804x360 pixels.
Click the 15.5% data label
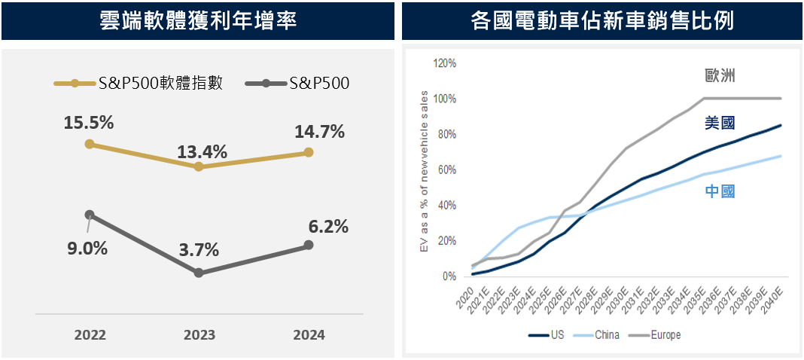[x=89, y=123]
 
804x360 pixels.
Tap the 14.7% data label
[x=318, y=132]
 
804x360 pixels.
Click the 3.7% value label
[x=199, y=249]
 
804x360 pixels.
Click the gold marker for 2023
[x=199, y=166]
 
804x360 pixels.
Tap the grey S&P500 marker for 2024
[x=308, y=246]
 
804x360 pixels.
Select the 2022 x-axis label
[x=90, y=335]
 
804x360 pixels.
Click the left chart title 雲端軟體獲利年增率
[x=197, y=20]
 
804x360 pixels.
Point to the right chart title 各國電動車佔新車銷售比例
[x=601, y=20]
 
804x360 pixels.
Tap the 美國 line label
[x=719, y=123]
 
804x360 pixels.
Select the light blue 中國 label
[x=719, y=191]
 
